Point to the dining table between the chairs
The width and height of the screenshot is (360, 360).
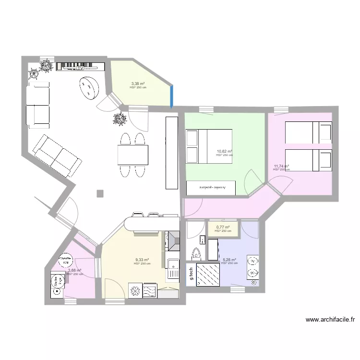pyautogui.click(x=133, y=155)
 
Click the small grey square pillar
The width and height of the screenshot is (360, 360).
pyautogui.click(x=100, y=193)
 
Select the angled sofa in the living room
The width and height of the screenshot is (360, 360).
pyautogui.click(x=57, y=156)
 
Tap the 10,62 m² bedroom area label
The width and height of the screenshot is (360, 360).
pyautogui.click(x=224, y=152)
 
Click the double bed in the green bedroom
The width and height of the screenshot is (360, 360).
pyautogui.click(x=208, y=146)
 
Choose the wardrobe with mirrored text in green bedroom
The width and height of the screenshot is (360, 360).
pyautogui.click(x=211, y=188)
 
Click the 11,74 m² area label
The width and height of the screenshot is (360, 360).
pyautogui.click(x=281, y=166)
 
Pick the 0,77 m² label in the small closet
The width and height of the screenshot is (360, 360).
pyautogui.click(x=223, y=228)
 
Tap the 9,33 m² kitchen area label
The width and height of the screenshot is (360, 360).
pyautogui.click(x=142, y=260)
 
